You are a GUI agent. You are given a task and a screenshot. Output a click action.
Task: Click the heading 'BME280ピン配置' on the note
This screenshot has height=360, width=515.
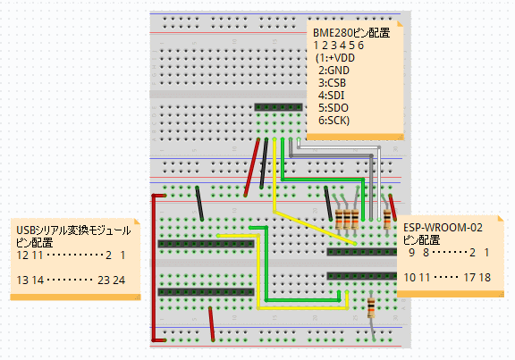click(351, 33)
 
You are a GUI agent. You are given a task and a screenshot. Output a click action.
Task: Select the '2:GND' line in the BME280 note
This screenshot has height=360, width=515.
click(333, 71)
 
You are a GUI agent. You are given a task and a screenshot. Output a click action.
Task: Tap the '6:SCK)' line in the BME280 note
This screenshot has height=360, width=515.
click(333, 121)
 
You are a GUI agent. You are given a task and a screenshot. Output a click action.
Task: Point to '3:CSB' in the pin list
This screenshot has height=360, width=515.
click(332, 83)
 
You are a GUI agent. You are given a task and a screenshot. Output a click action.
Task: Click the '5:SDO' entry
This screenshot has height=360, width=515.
click(333, 108)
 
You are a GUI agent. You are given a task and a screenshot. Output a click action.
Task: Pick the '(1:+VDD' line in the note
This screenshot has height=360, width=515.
click(335, 58)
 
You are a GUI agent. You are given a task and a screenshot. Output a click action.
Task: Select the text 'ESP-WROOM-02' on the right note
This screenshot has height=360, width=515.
click(443, 228)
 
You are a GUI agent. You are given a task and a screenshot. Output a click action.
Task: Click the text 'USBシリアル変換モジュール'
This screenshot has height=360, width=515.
click(73, 230)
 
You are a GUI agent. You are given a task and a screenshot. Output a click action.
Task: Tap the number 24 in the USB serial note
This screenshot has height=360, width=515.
click(119, 280)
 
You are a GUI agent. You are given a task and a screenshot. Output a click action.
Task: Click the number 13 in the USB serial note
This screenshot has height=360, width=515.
click(22, 280)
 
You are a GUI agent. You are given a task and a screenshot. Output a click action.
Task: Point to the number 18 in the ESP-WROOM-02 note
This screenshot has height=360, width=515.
click(484, 278)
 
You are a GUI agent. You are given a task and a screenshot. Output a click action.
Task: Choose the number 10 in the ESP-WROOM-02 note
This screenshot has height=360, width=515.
click(409, 278)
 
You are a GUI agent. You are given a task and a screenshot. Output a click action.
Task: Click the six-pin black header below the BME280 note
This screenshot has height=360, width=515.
click(279, 107)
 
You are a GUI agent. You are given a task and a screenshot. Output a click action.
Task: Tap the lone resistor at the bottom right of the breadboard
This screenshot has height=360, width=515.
click(371, 308)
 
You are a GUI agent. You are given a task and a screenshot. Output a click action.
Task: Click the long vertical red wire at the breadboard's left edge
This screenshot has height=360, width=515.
click(154, 268)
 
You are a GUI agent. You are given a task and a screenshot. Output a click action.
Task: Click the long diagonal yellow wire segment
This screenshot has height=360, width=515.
click(315, 228)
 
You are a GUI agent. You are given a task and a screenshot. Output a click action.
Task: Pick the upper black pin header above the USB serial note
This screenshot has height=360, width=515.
click(206, 244)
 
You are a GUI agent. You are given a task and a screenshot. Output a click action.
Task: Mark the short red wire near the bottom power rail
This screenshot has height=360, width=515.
click(212, 324)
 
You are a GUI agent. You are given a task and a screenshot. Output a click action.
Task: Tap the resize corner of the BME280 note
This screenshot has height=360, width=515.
click(401, 137)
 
